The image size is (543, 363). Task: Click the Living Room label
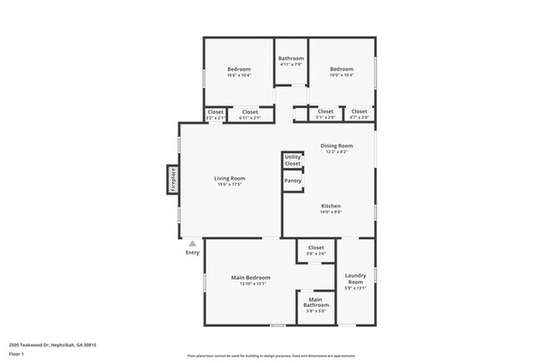pos(229,178)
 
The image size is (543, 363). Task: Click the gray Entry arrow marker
pos(192,243)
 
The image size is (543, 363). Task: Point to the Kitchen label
pos(332,206)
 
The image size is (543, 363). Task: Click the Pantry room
pos(293,181)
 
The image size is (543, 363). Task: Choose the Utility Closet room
pos(292,160)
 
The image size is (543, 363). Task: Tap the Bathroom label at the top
pos(291,59)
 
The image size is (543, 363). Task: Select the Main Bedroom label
pos(251,278)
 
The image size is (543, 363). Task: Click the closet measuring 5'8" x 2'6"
pos(316,250)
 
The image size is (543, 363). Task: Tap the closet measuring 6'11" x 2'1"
pos(250,114)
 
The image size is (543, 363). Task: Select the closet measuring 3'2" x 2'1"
pos(216,114)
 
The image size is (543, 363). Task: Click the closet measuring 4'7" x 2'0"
pos(359,114)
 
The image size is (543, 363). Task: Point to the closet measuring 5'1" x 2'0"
pos(326,114)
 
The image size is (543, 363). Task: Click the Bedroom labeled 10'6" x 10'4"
pos(239,71)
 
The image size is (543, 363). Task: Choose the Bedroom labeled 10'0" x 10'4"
pos(341,71)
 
